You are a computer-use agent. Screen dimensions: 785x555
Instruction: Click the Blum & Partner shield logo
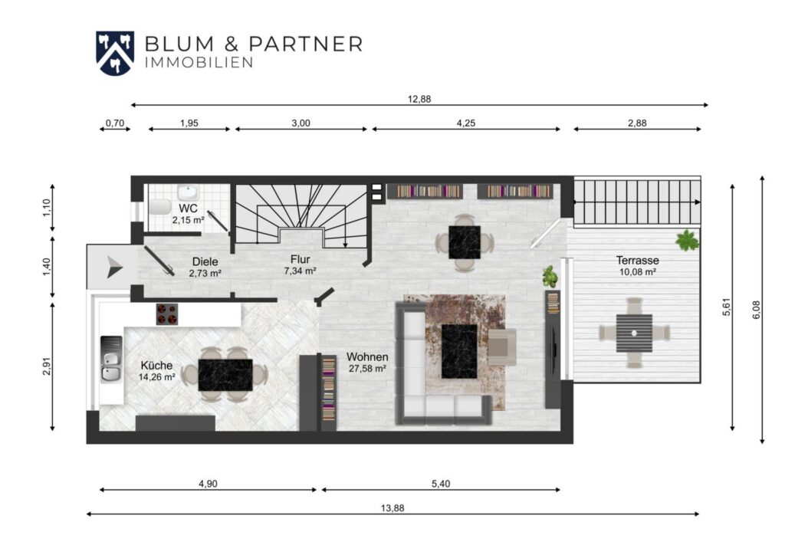pyautogui.click(x=115, y=53)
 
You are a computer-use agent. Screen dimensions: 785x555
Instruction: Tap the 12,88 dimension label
pyautogui.click(x=419, y=99)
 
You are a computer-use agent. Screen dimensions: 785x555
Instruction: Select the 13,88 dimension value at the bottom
pyautogui.click(x=392, y=508)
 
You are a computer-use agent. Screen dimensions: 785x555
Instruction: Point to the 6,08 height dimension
pyautogui.click(x=756, y=310)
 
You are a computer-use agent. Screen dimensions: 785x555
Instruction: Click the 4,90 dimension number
pyautogui.click(x=208, y=484)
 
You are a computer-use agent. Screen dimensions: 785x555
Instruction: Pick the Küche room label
pyautogui.click(x=156, y=366)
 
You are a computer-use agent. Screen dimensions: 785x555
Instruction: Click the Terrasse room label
pyautogui.click(x=637, y=260)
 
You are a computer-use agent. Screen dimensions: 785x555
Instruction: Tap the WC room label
pyautogui.click(x=189, y=208)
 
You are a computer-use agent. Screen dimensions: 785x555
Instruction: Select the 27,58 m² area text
pyautogui.click(x=367, y=369)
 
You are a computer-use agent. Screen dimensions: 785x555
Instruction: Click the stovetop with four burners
pyautogui.click(x=166, y=314)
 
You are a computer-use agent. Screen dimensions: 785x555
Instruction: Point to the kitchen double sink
pyautogui.click(x=111, y=360)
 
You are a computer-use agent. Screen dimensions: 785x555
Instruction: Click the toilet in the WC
pyautogui.click(x=159, y=207)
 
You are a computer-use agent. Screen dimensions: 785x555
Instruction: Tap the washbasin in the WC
pyautogui.click(x=188, y=192)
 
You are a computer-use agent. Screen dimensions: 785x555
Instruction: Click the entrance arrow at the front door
pyautogui.click(x=114, y=267)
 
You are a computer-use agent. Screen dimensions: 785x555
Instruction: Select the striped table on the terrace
pyautogui.click(x=634, y=333)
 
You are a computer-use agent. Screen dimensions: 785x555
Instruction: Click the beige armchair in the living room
pyautogui.click(x=501, y=346)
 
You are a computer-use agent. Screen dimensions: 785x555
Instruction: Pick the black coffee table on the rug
pyautogui.click(x=459, y=351)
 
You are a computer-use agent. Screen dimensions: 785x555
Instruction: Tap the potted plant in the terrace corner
pyautogui.click(x=688, y=240)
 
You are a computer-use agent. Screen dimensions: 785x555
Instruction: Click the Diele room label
pyautogui.click(x=205, y=261)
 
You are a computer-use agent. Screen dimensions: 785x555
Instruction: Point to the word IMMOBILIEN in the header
pyautogui.click(x=199, y=63)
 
